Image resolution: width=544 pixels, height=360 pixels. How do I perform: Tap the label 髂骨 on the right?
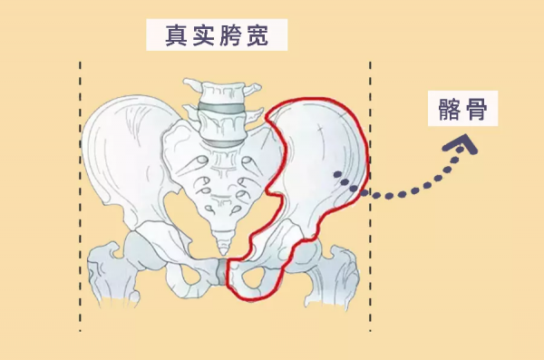point(463,110)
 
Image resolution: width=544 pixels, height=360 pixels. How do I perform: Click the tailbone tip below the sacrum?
point(222,240)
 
